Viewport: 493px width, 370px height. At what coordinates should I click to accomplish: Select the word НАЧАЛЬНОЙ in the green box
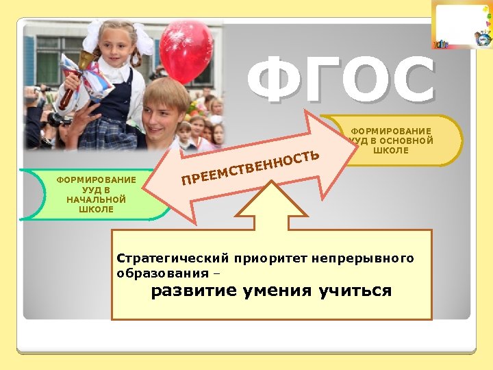[x=96, y=199]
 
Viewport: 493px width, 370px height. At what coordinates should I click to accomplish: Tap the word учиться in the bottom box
[x=355, y=291]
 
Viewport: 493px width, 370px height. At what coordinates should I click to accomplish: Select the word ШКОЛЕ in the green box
[x=96, y=209]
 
